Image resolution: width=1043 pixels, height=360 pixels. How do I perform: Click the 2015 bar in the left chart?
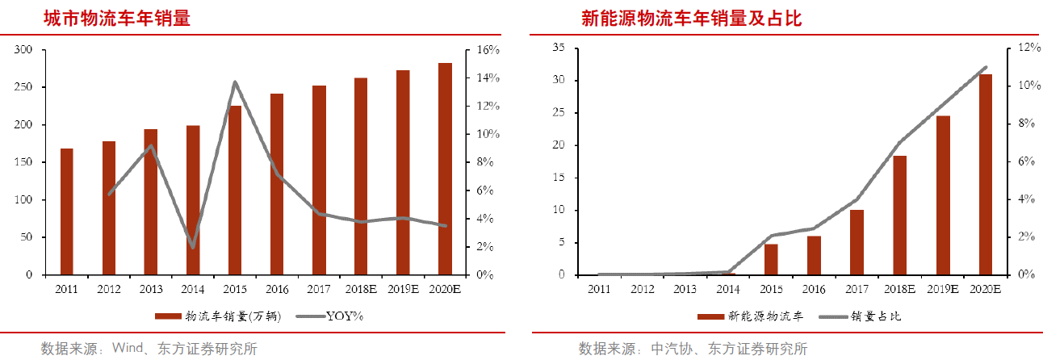point(235,190)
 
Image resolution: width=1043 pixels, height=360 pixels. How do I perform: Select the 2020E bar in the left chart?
point(445,169)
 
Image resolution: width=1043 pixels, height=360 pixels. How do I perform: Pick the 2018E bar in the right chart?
point(900,215)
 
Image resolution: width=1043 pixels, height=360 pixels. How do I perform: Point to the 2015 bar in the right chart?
point(771,259)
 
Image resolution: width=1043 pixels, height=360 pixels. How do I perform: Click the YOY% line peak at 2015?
point(234,82)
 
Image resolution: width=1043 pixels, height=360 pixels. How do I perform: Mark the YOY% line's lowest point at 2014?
point(192,247)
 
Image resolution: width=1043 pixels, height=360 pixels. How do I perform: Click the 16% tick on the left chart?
point(488,50)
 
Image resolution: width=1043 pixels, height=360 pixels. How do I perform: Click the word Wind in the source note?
point(128,349)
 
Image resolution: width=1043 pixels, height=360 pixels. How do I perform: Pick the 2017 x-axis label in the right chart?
point(856,289)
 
